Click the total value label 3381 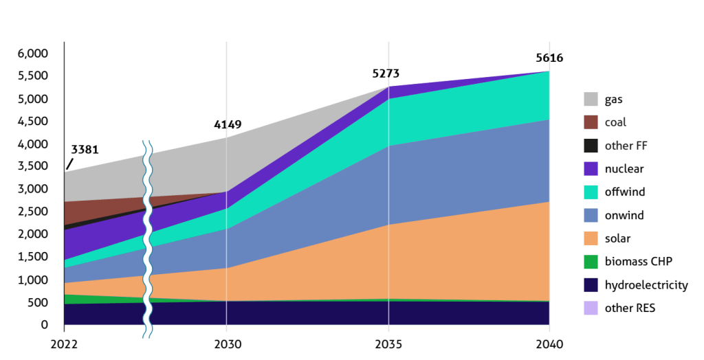point(85,149)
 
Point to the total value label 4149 point(228,124)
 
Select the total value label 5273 point(386,74)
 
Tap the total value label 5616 point(549,58)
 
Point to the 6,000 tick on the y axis point(32,54)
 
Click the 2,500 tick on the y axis point(32,212)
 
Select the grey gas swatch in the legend point(591,99)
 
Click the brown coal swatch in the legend point(591,122)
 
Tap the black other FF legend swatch point(591,146)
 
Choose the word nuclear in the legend point(624,169)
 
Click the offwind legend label point(625,192)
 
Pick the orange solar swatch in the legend point(591,238)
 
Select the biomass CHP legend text point(639,262)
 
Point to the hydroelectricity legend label point(646,285)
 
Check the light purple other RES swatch point(591,308)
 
